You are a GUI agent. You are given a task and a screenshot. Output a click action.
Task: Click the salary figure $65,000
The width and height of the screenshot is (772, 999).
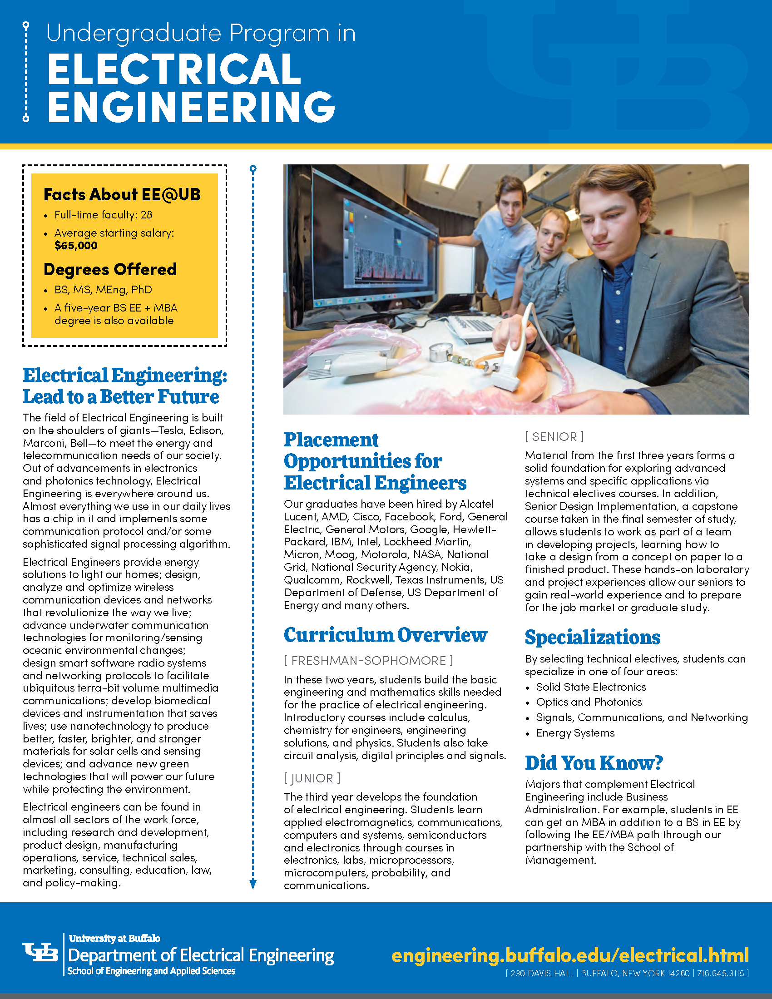click(76, 246)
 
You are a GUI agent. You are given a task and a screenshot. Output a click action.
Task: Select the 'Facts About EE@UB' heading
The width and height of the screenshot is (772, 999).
click(122, 194)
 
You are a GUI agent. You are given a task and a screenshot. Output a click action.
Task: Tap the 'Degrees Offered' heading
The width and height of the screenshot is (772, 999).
click(110, 269)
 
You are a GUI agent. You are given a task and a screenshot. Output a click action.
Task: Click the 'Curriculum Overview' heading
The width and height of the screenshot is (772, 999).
click(385, 635)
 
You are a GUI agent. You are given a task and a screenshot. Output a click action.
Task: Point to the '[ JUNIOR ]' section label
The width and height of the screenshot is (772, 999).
click(312, 778)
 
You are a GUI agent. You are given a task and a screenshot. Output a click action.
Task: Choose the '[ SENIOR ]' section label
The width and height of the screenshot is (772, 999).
click(554, 437)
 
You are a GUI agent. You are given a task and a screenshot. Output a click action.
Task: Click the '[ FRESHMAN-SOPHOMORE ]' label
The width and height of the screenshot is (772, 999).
click(368, 661)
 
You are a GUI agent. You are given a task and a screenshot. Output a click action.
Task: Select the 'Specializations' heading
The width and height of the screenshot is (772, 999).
click(592, 637)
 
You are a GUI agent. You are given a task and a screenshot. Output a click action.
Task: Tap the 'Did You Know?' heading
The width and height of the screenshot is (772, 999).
click(594, 763)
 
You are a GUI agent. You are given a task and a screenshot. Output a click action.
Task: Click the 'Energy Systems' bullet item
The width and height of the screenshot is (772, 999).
click(575, 733)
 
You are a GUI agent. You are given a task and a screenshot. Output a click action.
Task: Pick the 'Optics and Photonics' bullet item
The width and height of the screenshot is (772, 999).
click(589, 702)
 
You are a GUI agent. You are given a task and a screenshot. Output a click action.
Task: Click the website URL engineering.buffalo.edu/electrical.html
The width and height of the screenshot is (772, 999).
click(570, 955)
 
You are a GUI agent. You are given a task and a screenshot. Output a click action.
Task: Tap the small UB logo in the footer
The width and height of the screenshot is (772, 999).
click(40, 953)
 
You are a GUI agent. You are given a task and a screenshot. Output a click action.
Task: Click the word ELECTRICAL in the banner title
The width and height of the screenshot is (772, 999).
click(174, 69)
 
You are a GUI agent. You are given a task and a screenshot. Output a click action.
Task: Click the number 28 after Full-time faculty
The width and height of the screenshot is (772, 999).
click(146, 215)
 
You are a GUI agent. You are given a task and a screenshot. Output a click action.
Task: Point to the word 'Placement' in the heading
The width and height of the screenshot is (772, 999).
click(331, 440)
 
